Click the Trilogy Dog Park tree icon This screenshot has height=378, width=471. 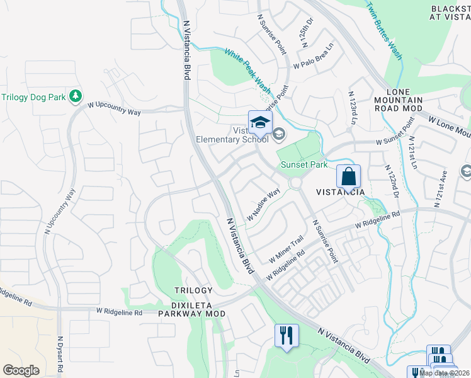click(76, 96)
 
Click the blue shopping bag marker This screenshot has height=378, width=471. click(348, 176)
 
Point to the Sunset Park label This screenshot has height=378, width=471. click(304, 164)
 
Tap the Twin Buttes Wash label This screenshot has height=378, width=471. click(384, 30)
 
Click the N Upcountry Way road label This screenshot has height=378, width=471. click(60, 212)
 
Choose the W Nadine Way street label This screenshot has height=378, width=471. click(263, 205)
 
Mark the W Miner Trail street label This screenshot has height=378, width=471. click(287, 249)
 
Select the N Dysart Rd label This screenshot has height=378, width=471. click(60, 356)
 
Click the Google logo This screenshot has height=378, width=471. click(21, 370)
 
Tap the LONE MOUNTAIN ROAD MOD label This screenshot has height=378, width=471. click(399, 100)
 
